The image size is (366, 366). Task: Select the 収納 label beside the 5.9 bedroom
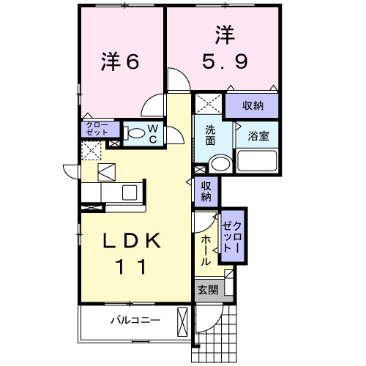point(252,106)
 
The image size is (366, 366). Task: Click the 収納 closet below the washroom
point(206,190)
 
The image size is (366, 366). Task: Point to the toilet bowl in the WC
point(135,134)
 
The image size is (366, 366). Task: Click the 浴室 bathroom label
point(257,135)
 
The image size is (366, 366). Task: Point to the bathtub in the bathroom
point(257,162)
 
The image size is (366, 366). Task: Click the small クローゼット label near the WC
point(96,130)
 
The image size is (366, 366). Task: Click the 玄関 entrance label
point(207,290)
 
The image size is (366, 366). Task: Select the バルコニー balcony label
point(135,320)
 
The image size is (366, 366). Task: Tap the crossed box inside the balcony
point(183,320)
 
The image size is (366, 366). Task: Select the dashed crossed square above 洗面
point(208,103)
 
